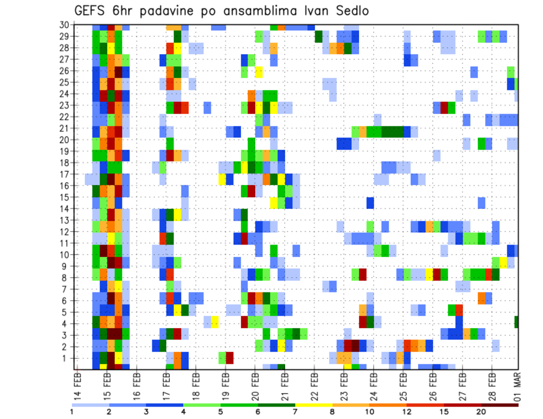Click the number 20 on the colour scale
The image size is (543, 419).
tap(481, 411)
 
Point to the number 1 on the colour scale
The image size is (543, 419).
tap(72, 411)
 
